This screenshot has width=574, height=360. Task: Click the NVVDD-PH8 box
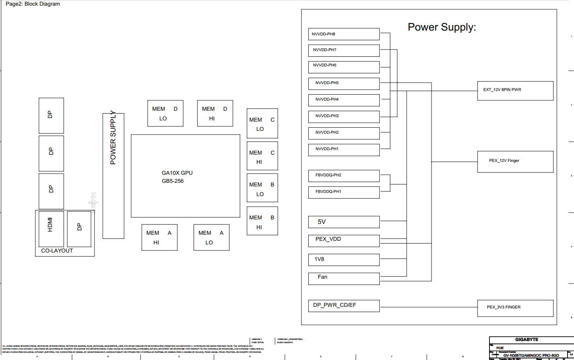tap(344, 34)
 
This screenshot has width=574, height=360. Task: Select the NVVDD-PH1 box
tap(344, 150)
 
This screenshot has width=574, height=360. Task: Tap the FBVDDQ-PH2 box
tap(344, 176)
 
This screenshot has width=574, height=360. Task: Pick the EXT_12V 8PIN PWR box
tap(515, 91)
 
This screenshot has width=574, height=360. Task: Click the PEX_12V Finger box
tap(515, 162)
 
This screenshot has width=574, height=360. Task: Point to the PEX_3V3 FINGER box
tap(515, 308)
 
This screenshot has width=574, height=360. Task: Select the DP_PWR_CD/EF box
tap(344, 306)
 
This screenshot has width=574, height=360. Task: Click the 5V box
tap(344, 222)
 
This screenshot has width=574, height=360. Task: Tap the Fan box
tap(344, 279)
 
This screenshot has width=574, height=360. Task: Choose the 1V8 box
tap(344, 260)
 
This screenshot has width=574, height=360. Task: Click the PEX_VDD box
tap(344, 241)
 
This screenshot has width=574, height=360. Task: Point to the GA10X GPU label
tap(177, 173)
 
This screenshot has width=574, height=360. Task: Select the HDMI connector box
tap(51, 229)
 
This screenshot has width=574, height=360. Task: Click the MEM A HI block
tap(159, 238)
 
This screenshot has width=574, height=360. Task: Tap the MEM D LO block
tap(165, 114)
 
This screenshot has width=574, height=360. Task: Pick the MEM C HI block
tap(262, 155)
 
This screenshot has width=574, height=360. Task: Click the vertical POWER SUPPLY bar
tap(114, 176)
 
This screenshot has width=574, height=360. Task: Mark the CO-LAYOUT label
tap(57, 251)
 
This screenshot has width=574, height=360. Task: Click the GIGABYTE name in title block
tap(527, 339)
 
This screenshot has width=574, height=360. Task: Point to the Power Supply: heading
tap(442, 27)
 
